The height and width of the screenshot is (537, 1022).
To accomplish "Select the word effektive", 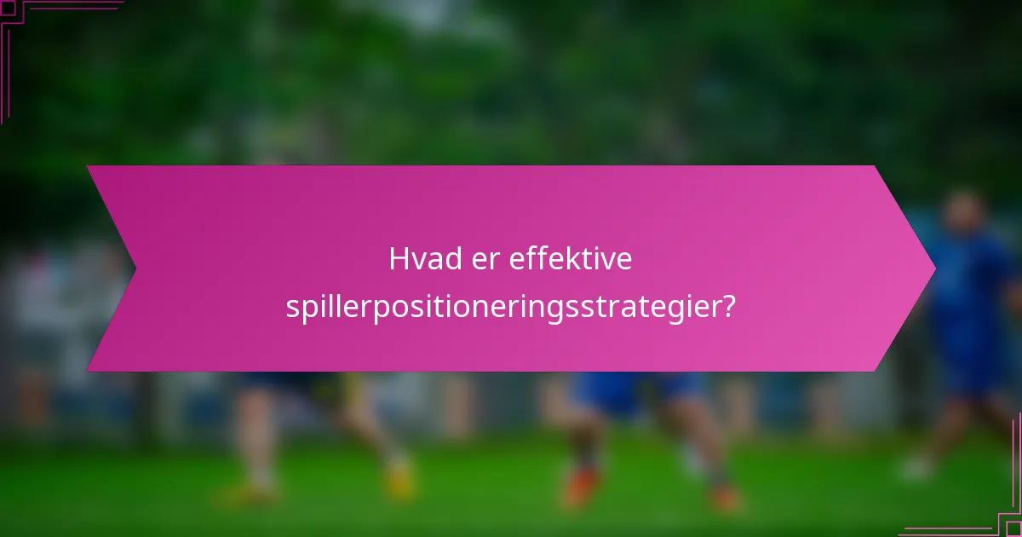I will coord(571,259).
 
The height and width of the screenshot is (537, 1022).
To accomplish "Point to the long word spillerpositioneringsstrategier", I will coord(502,307).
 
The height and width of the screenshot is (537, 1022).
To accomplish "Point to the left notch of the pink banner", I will coord(134,268).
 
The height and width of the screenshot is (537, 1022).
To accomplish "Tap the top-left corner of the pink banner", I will coord(89,167).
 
